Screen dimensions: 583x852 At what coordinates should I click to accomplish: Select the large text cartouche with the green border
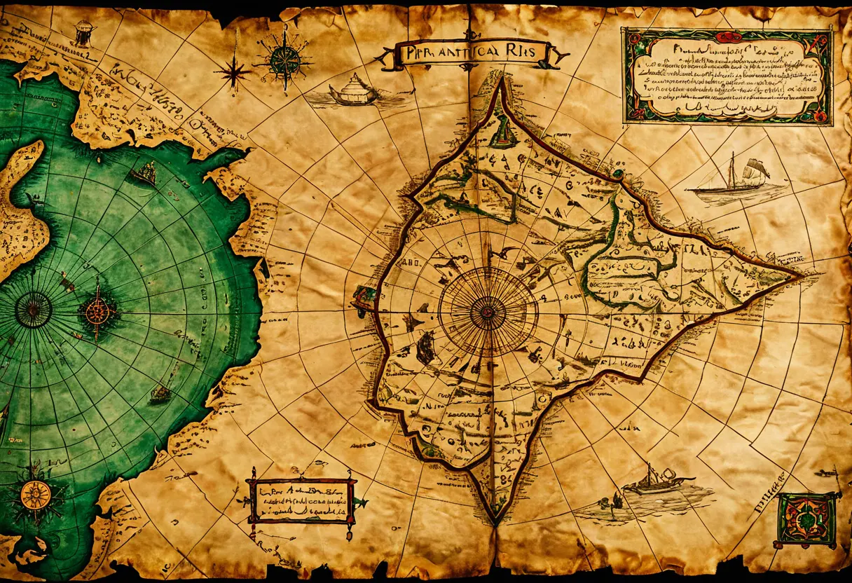[x=727, y=76]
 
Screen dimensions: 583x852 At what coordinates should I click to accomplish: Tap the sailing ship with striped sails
[x=736, y=179]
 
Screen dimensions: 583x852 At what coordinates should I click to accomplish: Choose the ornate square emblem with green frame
[x=807, y=519]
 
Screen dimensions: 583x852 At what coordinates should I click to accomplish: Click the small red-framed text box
[x=301, y=500]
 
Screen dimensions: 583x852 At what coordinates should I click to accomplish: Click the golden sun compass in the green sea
[x=35, y=495]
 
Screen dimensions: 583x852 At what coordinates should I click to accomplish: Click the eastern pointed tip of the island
[x=800, y=276]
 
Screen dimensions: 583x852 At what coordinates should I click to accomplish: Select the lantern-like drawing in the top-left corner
[x=85, y=32]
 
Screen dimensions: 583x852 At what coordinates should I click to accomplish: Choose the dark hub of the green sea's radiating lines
[x=33, y=310]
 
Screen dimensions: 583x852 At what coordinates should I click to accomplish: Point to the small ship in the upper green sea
[x=146, y=172]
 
